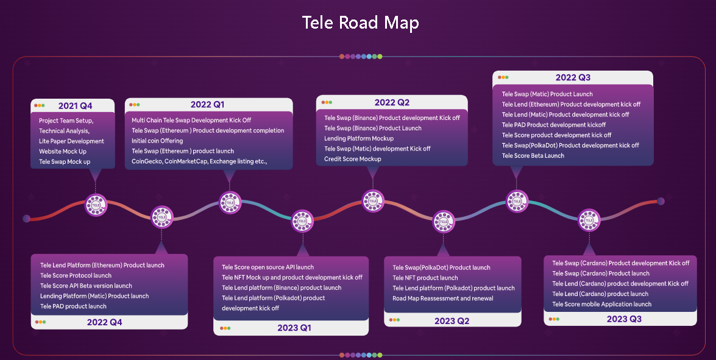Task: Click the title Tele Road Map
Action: coord(360,23)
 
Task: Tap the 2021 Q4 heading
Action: coord(76,106)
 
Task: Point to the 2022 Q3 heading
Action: coord(573,77)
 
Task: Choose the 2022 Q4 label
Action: coord(105,322)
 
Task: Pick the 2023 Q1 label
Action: coord(294,328)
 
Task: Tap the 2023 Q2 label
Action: coord(452,320)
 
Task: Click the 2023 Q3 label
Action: coord(624,319)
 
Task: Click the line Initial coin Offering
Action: coord(157,141)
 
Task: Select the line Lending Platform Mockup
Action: coord(359,138)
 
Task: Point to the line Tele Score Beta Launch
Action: coord(533,156)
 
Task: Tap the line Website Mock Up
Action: coord(63,151)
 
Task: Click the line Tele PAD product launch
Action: coord(73,306)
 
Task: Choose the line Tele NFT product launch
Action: coord(425,278)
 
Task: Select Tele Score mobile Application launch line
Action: coord(602,304)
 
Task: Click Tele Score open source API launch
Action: coord(268,267)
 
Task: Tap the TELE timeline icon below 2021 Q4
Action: coord(96,205)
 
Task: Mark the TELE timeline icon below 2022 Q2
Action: coord(373,200)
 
